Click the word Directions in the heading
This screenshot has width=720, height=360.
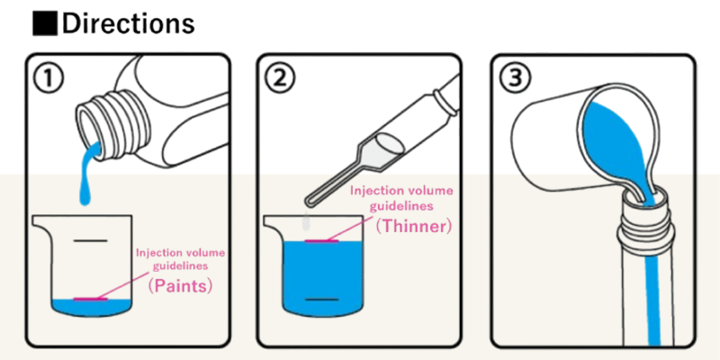(128, 24)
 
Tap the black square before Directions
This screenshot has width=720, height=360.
(45, 24)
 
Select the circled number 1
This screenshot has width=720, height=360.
(49, 79)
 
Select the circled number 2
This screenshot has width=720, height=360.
(280, 79)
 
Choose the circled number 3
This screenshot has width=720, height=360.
(515, 79)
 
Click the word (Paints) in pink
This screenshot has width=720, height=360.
(180, 285)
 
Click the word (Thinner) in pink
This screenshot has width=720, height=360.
(414, 226)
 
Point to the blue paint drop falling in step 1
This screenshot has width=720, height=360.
(85, 193)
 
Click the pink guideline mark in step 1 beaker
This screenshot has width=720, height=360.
(91, 300)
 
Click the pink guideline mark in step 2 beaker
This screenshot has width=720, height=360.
(322, 240)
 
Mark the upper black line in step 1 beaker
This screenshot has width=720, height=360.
(91, 240)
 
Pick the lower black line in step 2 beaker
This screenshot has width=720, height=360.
(322, 300)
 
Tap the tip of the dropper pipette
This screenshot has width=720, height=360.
(308, 202)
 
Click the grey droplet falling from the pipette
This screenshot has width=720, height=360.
(305, 222)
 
